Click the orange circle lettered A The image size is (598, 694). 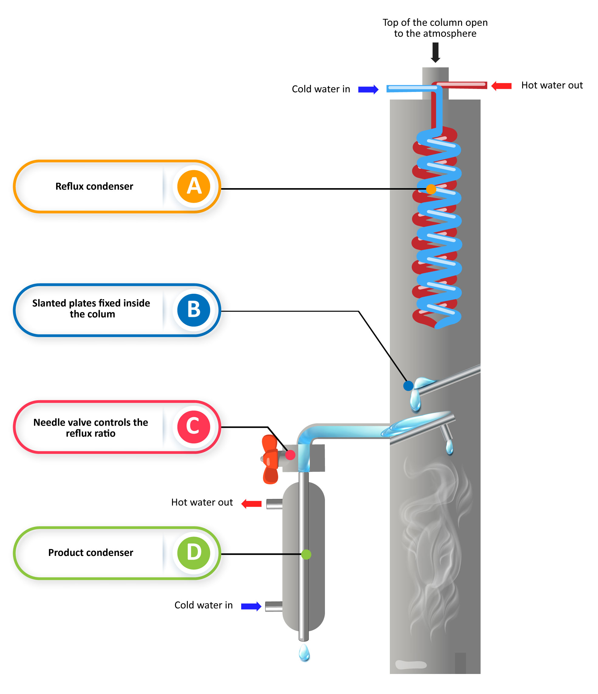(x=194, y=186)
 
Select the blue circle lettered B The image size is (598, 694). (x=194, y=310)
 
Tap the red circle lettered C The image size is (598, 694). (x=194, y=427)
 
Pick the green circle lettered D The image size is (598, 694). (x=194, y=553)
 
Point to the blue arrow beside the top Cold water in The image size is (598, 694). (x=368, y=90)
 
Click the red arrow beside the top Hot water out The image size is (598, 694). (x=501, y=86)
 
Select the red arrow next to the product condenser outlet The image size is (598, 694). (x=252, y=504)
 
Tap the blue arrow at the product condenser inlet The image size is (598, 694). (x=251, y=606)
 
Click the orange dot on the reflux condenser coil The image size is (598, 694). (x=431, y=189)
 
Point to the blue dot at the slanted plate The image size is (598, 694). (x=408, y=386)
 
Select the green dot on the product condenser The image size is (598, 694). (x=306, y=554)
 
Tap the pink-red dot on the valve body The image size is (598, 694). (x=290, y=455)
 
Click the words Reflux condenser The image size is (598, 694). (x=94, y=186)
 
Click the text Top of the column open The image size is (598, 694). (x=435, y=22)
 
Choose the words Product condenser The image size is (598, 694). (x=90, y=553)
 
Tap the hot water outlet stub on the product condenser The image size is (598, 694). (x=274, y=504)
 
